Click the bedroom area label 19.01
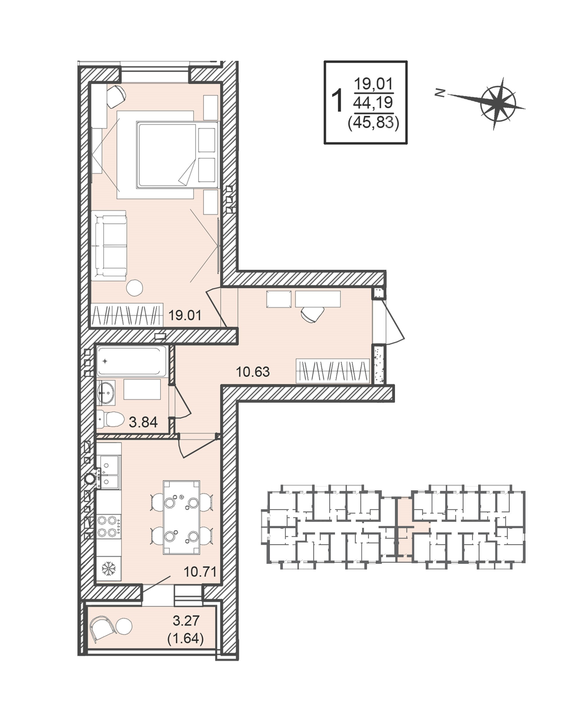click(x=185, y=315)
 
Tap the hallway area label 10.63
click(x=253, y=372)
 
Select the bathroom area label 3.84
click(x=143, y=422)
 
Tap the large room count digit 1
click(x=337, y=100)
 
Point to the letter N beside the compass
click(x=439, y=93)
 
